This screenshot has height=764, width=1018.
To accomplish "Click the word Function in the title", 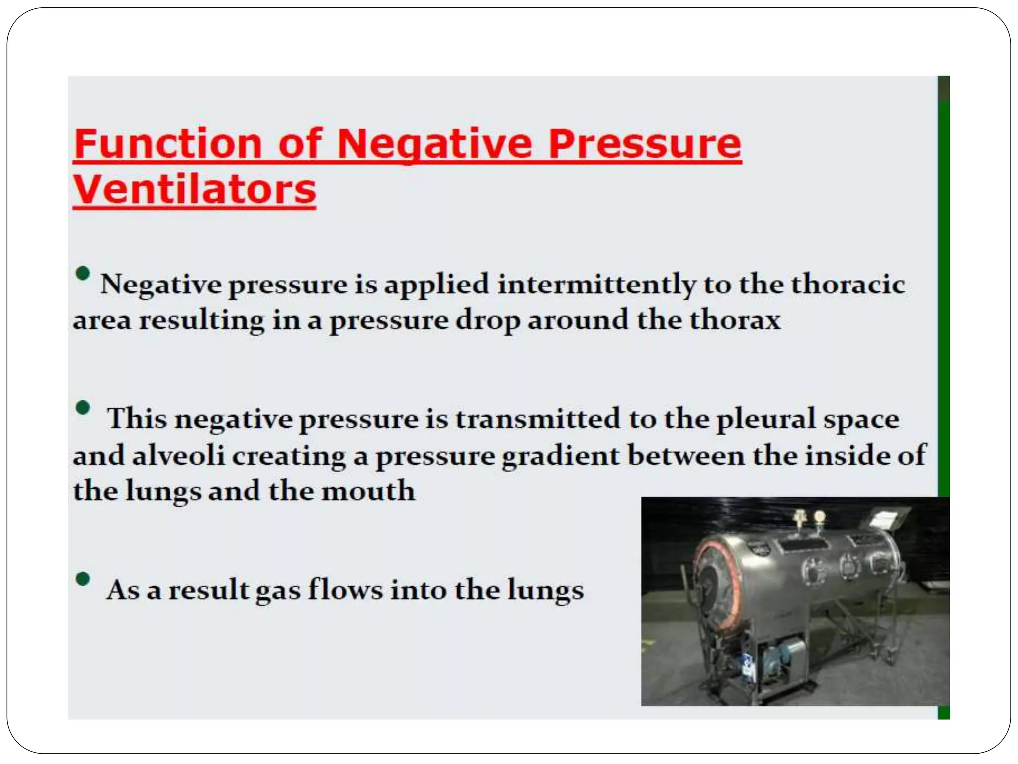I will point(168,144).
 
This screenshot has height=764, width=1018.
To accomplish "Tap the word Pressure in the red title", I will point(644,144).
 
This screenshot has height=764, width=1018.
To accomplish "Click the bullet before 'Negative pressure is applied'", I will point(83,273).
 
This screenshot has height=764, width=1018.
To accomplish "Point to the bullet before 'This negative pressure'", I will point(83,408).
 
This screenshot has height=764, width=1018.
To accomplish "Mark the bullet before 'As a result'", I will point(83,579).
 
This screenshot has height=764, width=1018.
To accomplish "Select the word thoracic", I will point(848,285).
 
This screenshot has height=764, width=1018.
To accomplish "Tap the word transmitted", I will point(538,419).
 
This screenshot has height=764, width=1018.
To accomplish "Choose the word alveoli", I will point(178,455).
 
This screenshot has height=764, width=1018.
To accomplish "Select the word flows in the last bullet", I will point(345,590).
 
